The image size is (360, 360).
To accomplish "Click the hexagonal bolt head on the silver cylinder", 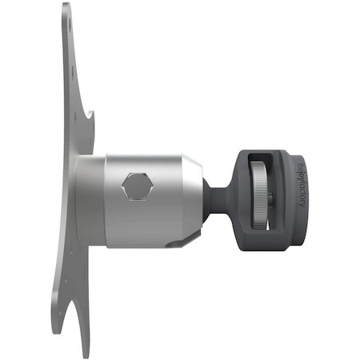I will click(138, 187).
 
